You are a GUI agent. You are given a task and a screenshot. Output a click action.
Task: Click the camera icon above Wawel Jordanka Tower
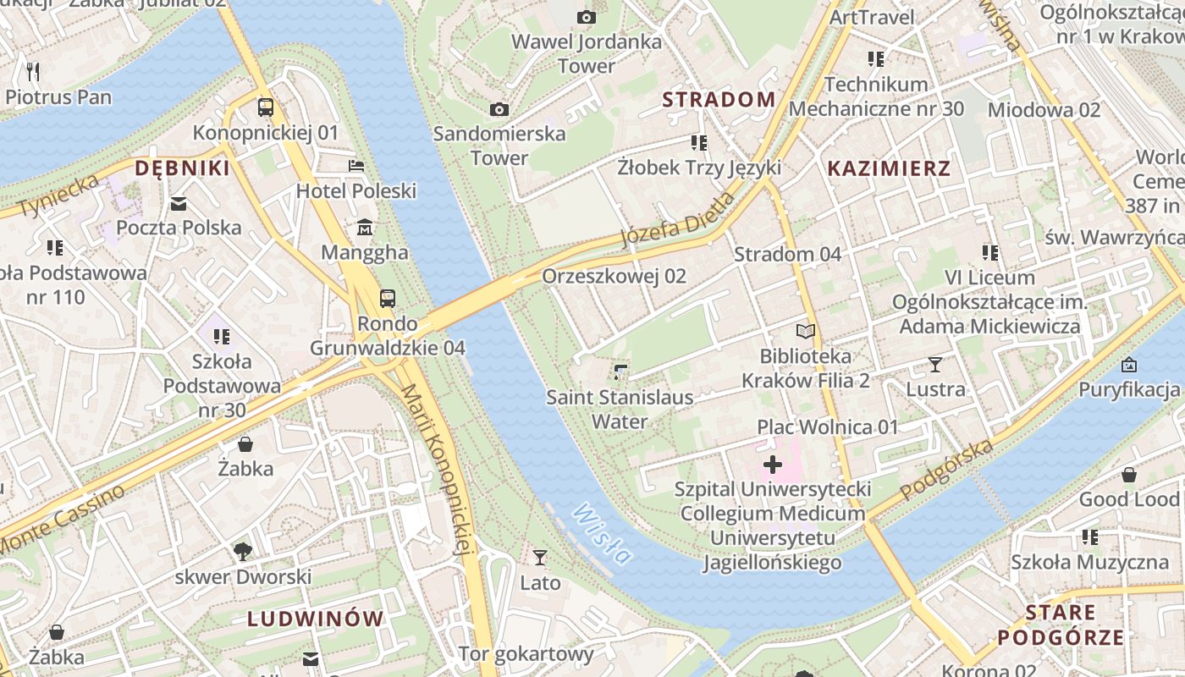click(586, 17)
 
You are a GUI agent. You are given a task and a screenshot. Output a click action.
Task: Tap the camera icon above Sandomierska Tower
click(499, 109)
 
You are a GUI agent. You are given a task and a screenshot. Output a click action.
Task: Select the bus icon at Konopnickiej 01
click(266, 107)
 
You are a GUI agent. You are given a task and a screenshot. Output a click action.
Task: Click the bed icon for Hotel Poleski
click(356, 166)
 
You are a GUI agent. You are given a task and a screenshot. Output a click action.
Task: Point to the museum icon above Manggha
click(365, 228)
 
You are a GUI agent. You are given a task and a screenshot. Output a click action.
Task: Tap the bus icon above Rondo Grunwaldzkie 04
click(387, 298)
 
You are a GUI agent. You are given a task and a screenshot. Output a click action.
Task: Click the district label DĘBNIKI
click(183, 168)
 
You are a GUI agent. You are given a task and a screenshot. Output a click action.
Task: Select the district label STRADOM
click(719, 100)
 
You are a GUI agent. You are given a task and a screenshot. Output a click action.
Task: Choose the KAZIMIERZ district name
click(889, 168)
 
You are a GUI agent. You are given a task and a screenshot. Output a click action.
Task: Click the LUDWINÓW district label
click(316, 619)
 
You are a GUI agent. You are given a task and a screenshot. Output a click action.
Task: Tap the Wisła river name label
click(602, 533)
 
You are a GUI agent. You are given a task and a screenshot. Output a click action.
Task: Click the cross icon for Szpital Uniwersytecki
click(772, 465)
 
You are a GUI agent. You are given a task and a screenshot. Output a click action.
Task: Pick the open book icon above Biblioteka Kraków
click(806, 331)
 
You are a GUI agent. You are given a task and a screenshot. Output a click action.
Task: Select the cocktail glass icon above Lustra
click(934, 365)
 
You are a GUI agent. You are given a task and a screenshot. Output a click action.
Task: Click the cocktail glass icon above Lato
click(540, 557)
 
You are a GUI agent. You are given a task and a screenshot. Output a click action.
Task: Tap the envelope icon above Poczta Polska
click(179, 203)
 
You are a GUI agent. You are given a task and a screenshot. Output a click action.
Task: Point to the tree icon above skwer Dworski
click(243, 552)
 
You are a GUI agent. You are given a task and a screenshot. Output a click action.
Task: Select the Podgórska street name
click(946, 470)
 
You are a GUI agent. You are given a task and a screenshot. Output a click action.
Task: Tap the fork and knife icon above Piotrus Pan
click(33, 71)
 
